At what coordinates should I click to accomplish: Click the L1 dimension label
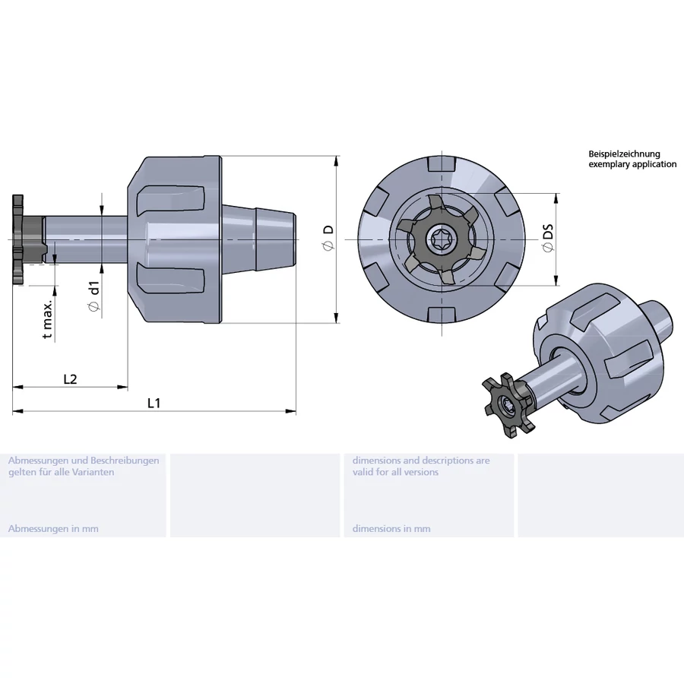[154, 403]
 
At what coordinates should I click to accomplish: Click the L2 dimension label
[70, 379]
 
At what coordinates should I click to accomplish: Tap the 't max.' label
[48, 319]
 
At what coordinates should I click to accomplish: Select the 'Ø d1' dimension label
[93, 297]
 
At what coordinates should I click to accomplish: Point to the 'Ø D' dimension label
[328, 238]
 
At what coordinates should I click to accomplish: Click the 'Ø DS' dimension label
[548, 238]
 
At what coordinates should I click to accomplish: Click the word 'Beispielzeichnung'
[624, 154]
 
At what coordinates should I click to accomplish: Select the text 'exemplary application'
[632, 164]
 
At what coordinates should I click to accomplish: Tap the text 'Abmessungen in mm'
[53, 529]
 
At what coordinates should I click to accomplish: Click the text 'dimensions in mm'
[391, 529]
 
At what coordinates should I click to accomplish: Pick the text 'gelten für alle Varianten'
[61, 472]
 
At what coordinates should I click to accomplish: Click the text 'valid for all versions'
[395, 472]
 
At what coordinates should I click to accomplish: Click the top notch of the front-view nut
[442, 163]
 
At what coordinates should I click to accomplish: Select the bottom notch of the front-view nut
[442, 315]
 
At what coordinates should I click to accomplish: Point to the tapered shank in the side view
[259, 239]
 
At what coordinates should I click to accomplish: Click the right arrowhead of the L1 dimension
[290, 411]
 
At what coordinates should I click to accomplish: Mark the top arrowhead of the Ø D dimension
[337, 160]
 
